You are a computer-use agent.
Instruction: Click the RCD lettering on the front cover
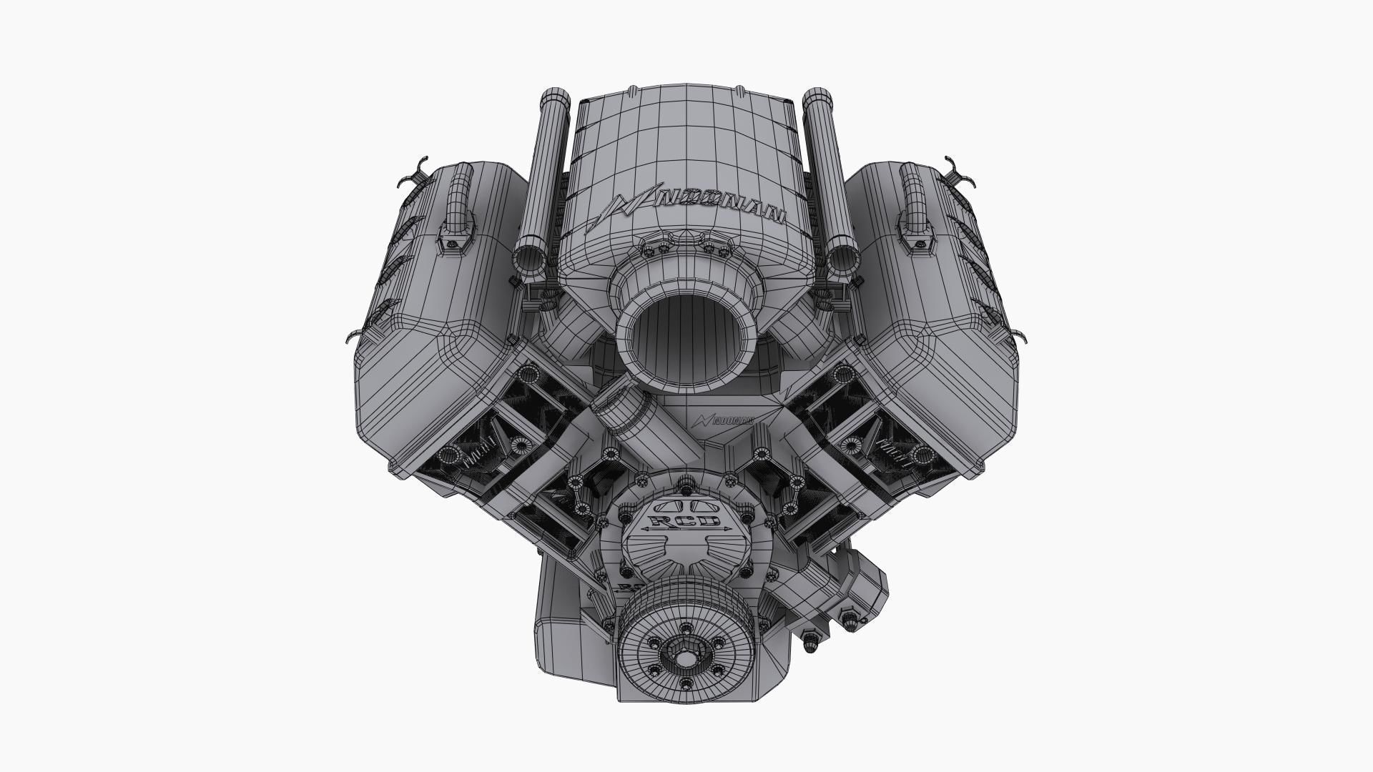coord(684,520)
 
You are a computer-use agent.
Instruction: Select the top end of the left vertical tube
coord(553,96)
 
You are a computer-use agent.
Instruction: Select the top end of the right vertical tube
coord(815,96)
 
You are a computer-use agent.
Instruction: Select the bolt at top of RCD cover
coord(684,489)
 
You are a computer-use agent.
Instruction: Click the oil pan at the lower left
coord(565,629)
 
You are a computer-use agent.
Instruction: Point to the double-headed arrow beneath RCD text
coord(684,529)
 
